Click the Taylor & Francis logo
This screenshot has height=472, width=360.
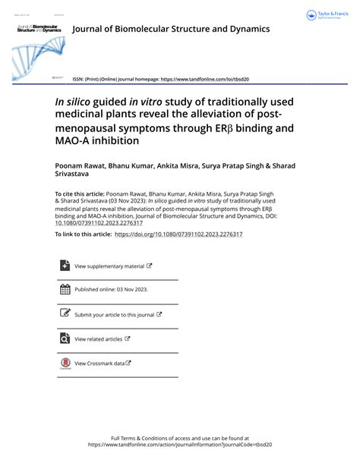pos(330,15)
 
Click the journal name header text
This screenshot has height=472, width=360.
pos(170,29)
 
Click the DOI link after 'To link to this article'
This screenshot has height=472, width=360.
pos(178,234)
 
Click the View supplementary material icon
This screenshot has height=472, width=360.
pos(65,266)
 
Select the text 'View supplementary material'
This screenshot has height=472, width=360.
pos(109,266)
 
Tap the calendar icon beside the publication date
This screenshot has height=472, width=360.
pos(65,289)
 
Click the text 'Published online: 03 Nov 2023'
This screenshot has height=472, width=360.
pos(110,290)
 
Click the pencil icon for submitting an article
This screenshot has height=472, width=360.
pos(65,313)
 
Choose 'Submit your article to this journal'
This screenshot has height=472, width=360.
pos(114,314)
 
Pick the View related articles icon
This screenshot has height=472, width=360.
pos(65,338)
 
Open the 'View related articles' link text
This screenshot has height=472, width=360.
pos(98,339)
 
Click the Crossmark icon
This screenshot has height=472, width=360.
pos(65,363)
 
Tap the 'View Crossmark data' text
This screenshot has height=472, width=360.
pos(99,363)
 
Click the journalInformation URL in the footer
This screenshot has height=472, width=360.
pos(179,445)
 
